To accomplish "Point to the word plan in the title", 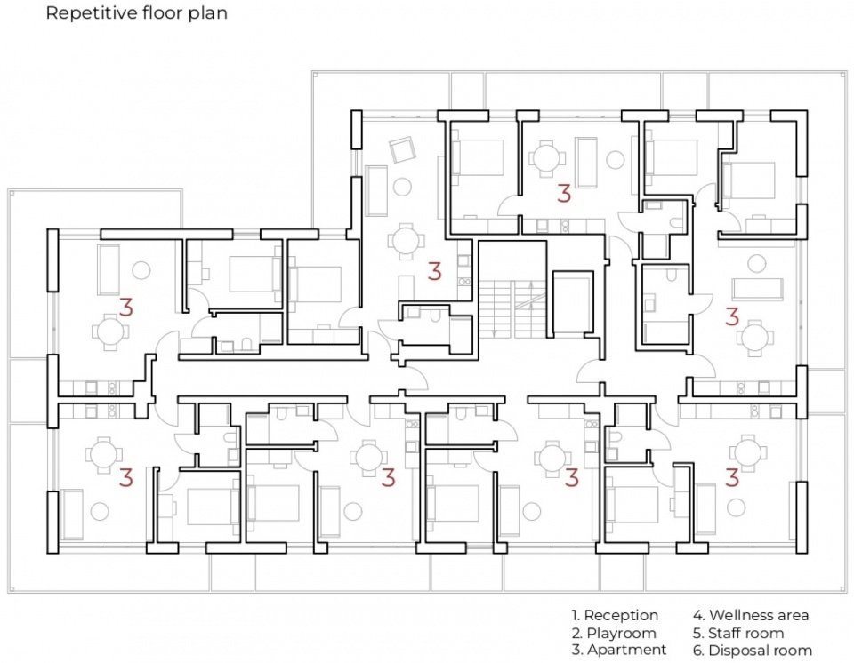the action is tap(208, 13).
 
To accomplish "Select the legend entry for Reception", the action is tap(615, 616).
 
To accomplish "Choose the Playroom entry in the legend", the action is tap(614, 633).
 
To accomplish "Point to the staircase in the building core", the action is tap(512, 308).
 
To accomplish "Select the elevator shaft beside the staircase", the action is tap(572, 301).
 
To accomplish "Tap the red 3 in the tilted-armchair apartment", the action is tap(434, 271).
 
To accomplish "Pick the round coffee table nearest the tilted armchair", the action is tap(403, 187).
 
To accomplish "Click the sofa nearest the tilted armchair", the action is tap(376, 190).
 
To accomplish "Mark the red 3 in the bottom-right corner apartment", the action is tap(732, 478).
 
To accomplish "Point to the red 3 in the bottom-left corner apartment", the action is tap(125, 478).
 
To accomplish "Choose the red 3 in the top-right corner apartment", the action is tap(732, 316).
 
